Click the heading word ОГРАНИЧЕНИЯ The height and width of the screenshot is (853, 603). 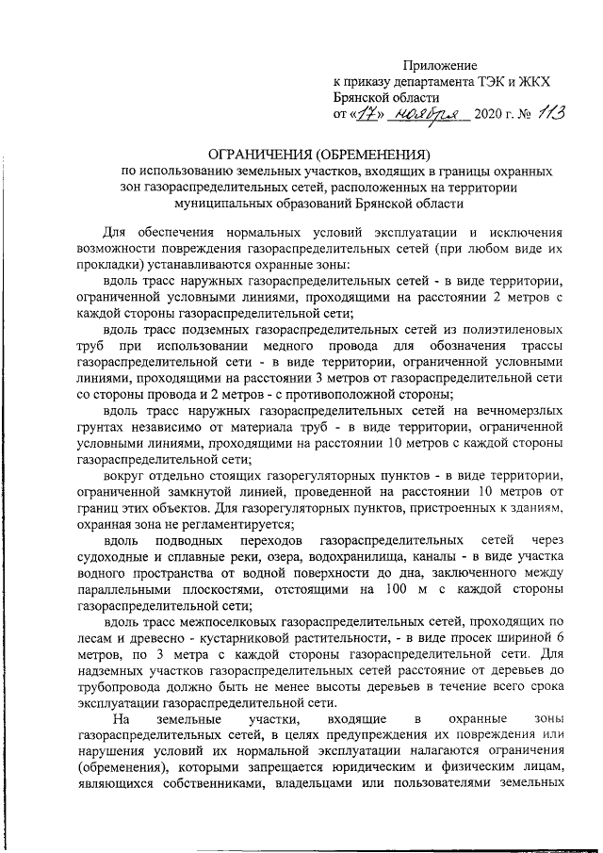pos(259,154)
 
